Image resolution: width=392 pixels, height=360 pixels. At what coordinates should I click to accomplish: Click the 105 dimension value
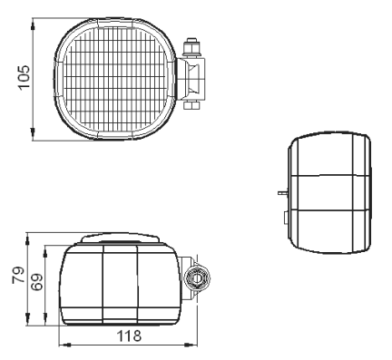(x=24, y=77)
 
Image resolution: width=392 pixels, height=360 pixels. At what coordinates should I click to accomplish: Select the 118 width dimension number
(x=129, y=336)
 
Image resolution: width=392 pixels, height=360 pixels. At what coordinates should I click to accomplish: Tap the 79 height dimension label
(x=18, y=275)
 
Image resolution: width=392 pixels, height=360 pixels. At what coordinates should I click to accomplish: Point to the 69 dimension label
(x=37, y=282)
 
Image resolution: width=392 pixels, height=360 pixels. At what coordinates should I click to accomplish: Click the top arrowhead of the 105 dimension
(x=33, y=24)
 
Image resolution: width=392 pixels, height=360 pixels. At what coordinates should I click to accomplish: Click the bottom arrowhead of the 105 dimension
(x=33, y=135)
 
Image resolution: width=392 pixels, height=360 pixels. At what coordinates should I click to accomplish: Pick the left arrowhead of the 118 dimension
(x=65, y=345)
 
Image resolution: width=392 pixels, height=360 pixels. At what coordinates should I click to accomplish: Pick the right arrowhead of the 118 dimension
(x=191, y=345)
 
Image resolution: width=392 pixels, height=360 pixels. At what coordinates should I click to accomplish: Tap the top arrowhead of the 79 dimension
(x=27, y=238)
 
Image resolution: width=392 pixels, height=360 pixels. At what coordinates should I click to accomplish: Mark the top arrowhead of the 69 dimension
(x=45, y=251)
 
